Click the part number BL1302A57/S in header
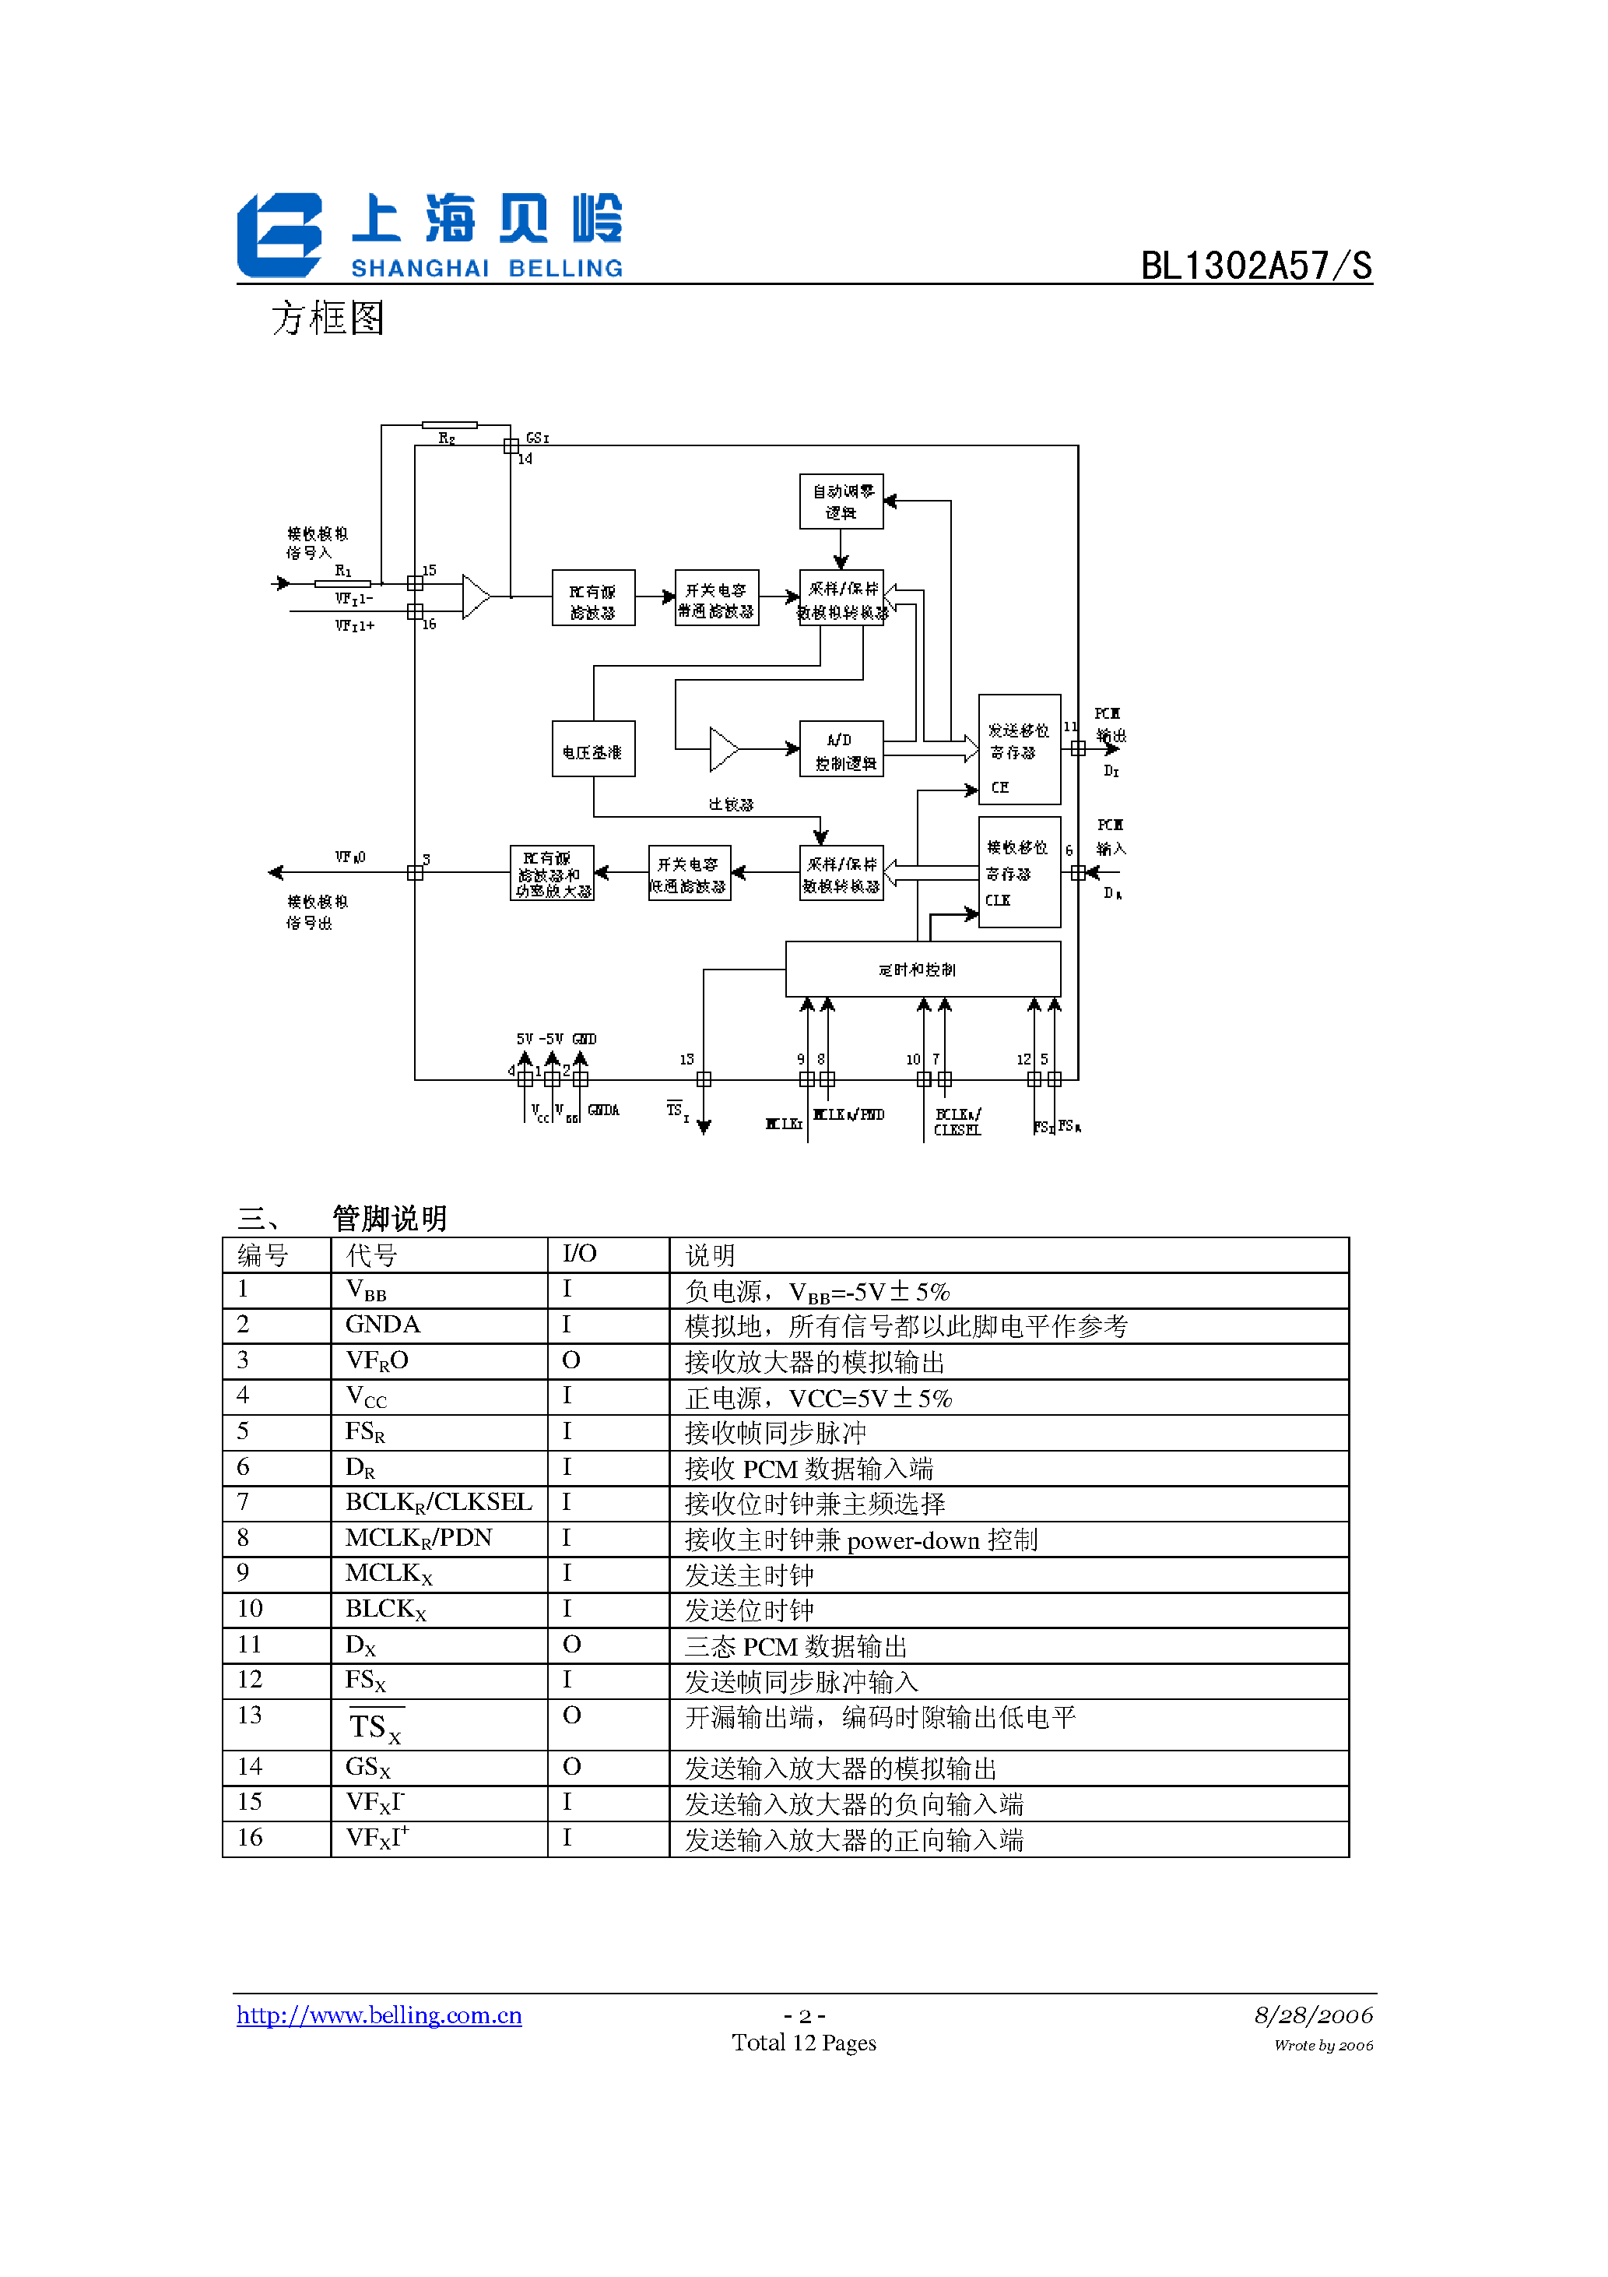point(1255,266)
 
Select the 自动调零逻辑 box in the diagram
point(841,502)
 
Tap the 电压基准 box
point(593,749)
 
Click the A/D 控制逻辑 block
point(841,749)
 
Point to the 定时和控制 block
point(922,969)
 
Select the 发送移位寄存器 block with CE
point(1019,749)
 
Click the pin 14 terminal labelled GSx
point(511,445)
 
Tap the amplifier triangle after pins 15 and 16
point(476,597)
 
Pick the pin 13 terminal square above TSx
point(703,1079)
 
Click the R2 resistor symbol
point(449,425)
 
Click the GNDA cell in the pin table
point(383,1325)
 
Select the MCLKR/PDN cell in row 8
point(419,1538)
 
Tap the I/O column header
point(579,1255)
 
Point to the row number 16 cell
point(251,1838)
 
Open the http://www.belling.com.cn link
point(379,2015)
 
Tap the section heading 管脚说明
point(390,1218)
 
